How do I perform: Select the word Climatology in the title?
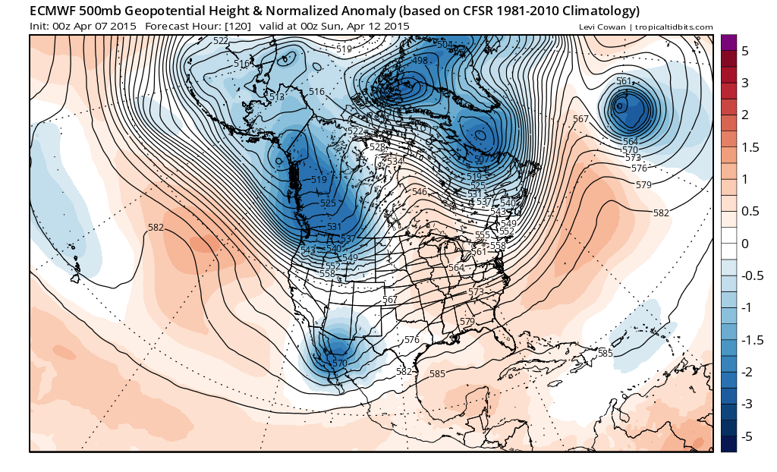[x=597, y=11]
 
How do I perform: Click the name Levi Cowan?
[x=602, y=27]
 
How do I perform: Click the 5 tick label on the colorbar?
[x=745, y=50]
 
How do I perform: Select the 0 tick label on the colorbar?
[x=745, y=244]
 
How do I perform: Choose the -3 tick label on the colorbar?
[x=747, y=404]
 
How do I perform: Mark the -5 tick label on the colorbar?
[x=747, y=436]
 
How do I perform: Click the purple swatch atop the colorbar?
[x=728, y=42]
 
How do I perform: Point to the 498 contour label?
[x=419, y=60]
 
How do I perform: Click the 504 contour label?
[x=445, y=45]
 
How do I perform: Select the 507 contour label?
[x=480, y=159]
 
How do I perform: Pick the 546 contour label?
[x=419, y=192]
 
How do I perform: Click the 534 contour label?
[x=395, y=161]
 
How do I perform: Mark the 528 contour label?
[x=377, y=147]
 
